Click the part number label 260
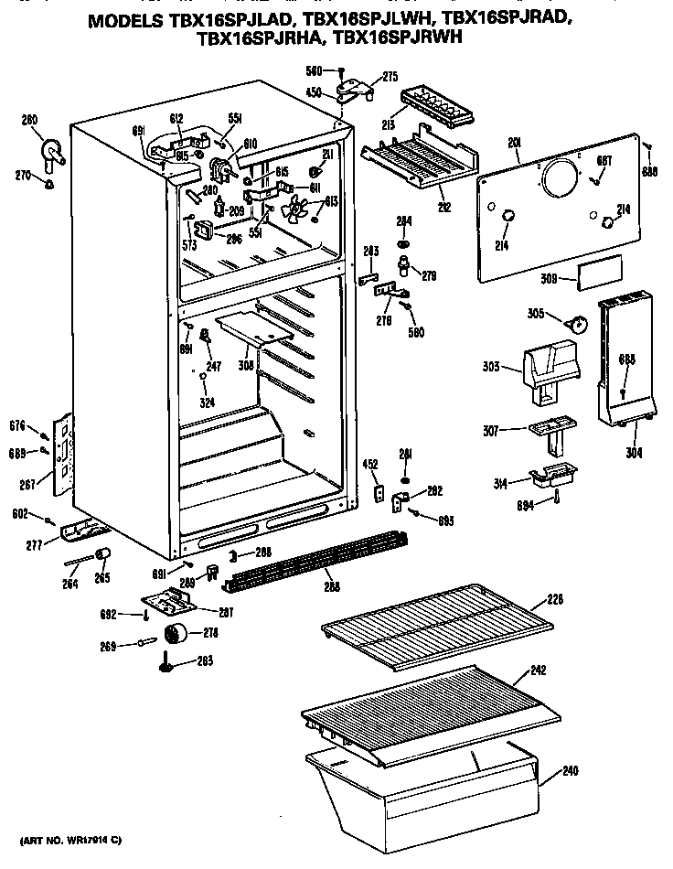29,119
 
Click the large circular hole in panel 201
560,179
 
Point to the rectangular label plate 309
600,272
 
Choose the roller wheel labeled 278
174,634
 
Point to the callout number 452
370,464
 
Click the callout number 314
500,481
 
